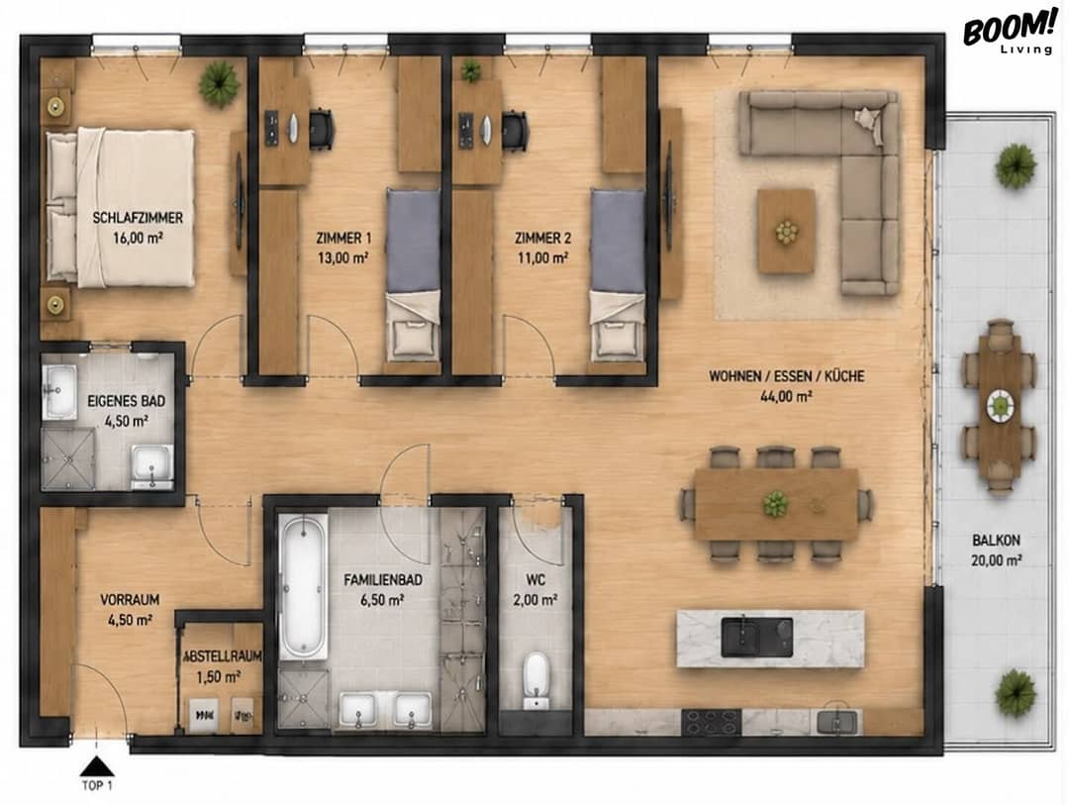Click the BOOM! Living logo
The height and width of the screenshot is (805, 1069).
coord(1008,33)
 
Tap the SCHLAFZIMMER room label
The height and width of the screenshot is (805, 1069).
coord(138,218)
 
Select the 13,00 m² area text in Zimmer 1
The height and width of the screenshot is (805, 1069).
coord(342,257)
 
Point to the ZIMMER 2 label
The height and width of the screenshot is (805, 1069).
coord(542,238)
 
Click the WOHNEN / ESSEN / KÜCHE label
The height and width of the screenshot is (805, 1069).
coord(787,376)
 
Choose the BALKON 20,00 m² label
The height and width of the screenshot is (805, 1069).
coord(996,551)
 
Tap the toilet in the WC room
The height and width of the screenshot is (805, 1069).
coord(535,680)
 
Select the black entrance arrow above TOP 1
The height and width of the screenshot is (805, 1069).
coord(98,766)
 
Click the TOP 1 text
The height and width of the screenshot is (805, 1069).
coord(97,785)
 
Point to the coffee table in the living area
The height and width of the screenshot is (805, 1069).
coord(787,232)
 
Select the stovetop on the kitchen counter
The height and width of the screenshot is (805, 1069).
coord(711,723)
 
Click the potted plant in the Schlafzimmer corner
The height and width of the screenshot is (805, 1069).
coord(220,84)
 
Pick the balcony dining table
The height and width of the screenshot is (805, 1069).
coord(1000,407)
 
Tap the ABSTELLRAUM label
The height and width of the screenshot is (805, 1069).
coord(223,656)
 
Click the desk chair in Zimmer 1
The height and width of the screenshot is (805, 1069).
coord(322,129)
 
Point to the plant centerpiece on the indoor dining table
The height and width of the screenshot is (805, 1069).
coord(775,504)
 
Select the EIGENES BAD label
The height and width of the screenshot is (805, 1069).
coord(126,401)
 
